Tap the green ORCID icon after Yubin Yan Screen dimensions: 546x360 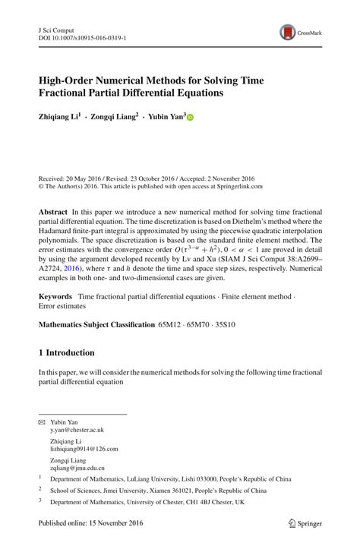(190, 118)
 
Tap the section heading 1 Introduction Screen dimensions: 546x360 (67, 353)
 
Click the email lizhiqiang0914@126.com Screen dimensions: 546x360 (84, 450)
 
